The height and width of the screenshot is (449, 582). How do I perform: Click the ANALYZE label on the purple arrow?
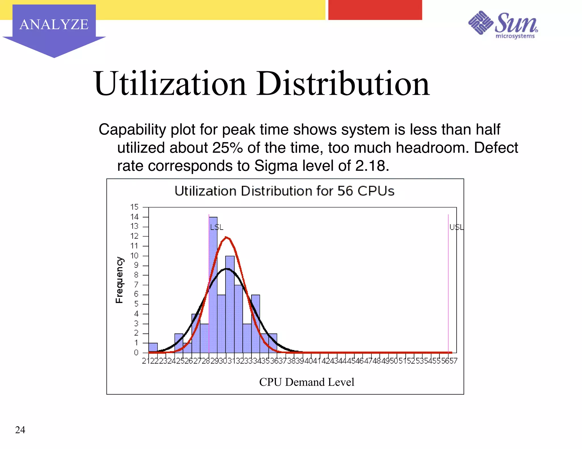[x=54, y=24]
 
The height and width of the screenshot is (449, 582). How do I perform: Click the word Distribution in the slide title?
[x=343, y=84]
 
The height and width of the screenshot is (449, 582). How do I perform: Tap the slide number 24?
[x=20, y=430]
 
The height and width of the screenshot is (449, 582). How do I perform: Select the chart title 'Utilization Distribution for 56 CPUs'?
[x=284, y=191]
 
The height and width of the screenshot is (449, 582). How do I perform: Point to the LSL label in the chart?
[x=217, y=227]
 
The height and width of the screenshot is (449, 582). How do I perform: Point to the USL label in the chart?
[x=456, y=227]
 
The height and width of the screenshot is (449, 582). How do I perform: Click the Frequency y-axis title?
[x=120, y=280]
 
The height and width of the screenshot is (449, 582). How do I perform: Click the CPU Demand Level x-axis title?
[x=307, y=382]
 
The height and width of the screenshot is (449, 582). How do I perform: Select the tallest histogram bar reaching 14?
[x=213, y=284]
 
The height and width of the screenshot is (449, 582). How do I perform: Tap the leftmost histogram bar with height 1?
[x=153, y=348]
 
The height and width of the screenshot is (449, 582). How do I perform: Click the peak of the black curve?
[x=227, y=268]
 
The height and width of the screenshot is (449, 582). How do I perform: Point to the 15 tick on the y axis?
[x=134, y=207]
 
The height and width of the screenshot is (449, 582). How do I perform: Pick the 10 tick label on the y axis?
[x=134, y=256]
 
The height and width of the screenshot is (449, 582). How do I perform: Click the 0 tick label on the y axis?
[x=136, y=353]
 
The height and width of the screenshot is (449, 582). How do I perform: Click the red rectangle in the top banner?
[x=375, y=10]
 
